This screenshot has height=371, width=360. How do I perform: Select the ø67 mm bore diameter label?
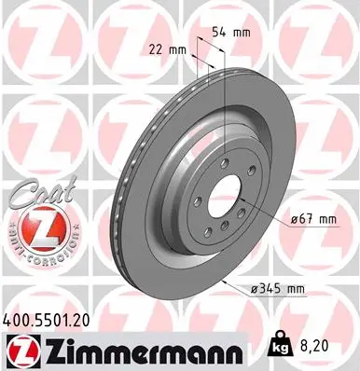click(x=312, y=220)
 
